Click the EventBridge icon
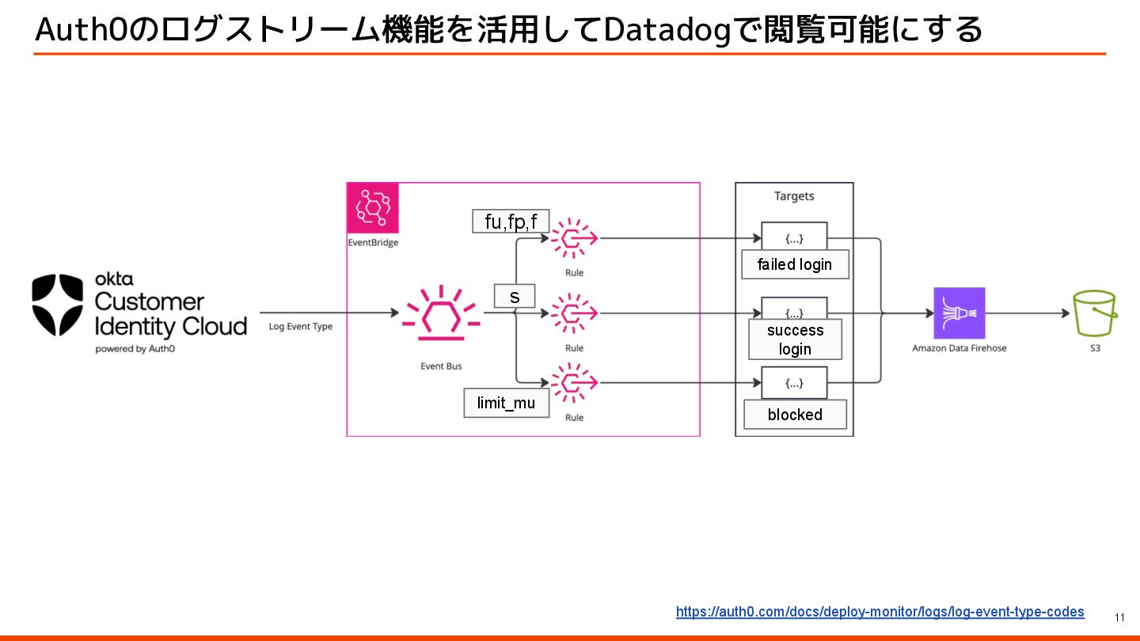point(373,208)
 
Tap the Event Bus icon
point(441,313)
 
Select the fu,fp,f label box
point(511,221)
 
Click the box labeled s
point(515,296)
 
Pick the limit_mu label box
point(506,403)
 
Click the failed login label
point(795,264)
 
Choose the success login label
point(795,339)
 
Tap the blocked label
point(795,415)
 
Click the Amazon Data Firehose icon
point(959,313)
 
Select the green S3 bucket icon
point(1095,313)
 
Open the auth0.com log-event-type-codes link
point(880,612)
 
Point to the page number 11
point(1119,617)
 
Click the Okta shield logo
point(58,305)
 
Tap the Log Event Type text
point(300,326)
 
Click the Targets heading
point(794,195)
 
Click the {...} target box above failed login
point(794,237)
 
